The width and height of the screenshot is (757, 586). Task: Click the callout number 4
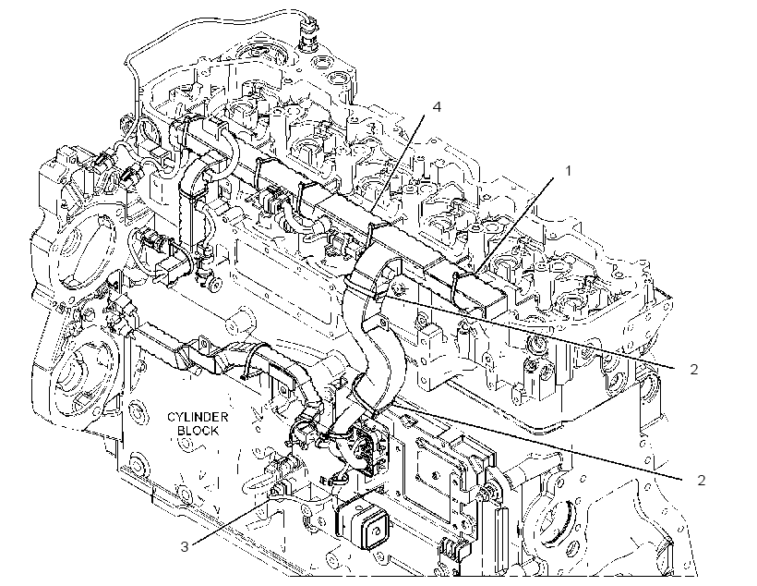tap(437, 106)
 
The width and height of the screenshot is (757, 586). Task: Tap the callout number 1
tap(569, 171)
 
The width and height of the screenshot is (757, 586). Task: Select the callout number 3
tap(185, 547)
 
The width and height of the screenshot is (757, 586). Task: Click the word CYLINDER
tap(198, 417)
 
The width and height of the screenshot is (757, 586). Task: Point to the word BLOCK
tap(198, 431)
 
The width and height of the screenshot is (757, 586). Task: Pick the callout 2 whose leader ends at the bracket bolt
tap(693, 370)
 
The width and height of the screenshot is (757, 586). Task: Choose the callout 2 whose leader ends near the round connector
tap(701, 480)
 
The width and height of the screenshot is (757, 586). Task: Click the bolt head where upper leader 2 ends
tap(399, 288)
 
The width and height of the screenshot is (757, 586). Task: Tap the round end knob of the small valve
tap(217, 286)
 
